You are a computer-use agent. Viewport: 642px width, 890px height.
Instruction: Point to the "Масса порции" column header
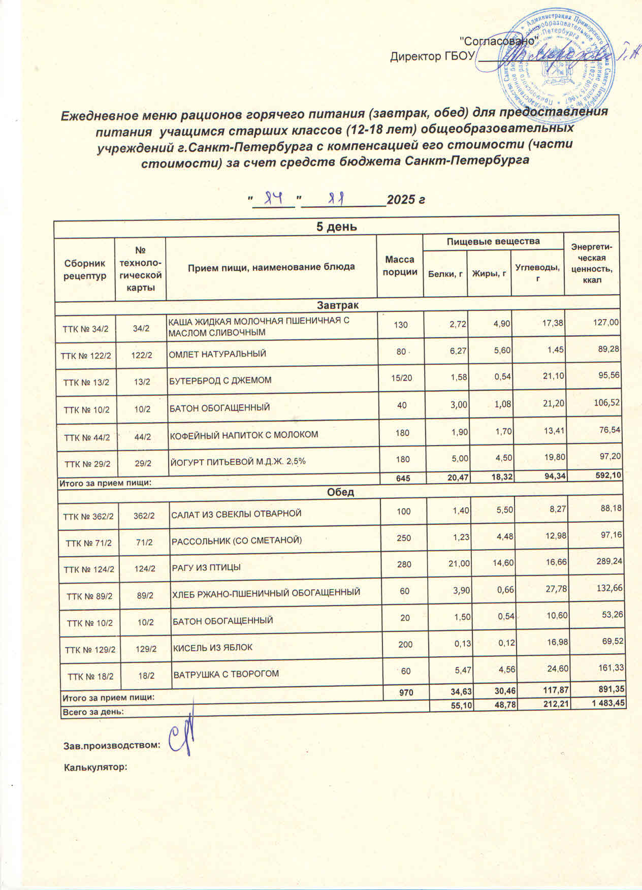tap(400, 266)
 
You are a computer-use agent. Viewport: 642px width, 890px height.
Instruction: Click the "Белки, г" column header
tap(445, 274)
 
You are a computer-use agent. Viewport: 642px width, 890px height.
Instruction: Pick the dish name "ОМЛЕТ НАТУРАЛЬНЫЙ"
tap(217, 353)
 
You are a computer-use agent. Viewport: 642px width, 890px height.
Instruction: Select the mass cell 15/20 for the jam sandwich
tap(402, 379)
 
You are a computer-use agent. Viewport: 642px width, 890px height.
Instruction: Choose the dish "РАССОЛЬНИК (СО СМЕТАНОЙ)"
tap(237, 540)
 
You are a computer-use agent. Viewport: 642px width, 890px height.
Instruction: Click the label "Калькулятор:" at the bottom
tap(94, 767)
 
